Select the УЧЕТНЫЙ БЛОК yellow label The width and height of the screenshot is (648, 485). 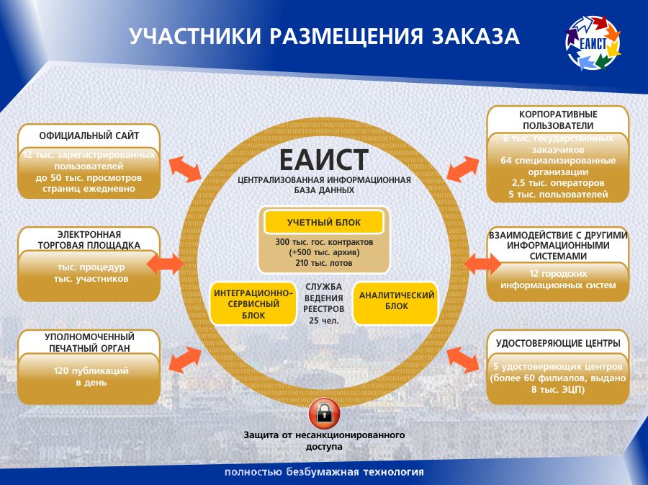click(323, 223)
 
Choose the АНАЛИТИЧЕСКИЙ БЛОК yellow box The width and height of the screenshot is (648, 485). click(396, 301)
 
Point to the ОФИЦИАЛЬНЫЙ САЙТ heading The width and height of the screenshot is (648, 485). click(89, 135)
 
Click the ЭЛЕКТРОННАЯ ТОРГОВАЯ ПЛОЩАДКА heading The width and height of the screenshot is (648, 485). click(89, 239)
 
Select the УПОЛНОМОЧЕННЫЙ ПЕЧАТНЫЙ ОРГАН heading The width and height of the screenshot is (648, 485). click(89, 342)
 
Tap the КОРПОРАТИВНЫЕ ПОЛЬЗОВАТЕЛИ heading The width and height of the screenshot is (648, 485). click(558, 120)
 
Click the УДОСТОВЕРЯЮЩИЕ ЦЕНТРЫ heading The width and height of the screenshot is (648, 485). click(558, 343)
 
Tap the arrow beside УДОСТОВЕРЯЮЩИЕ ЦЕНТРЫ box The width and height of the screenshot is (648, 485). click(463, 357)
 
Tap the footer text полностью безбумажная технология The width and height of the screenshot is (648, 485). click(324, 473)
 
